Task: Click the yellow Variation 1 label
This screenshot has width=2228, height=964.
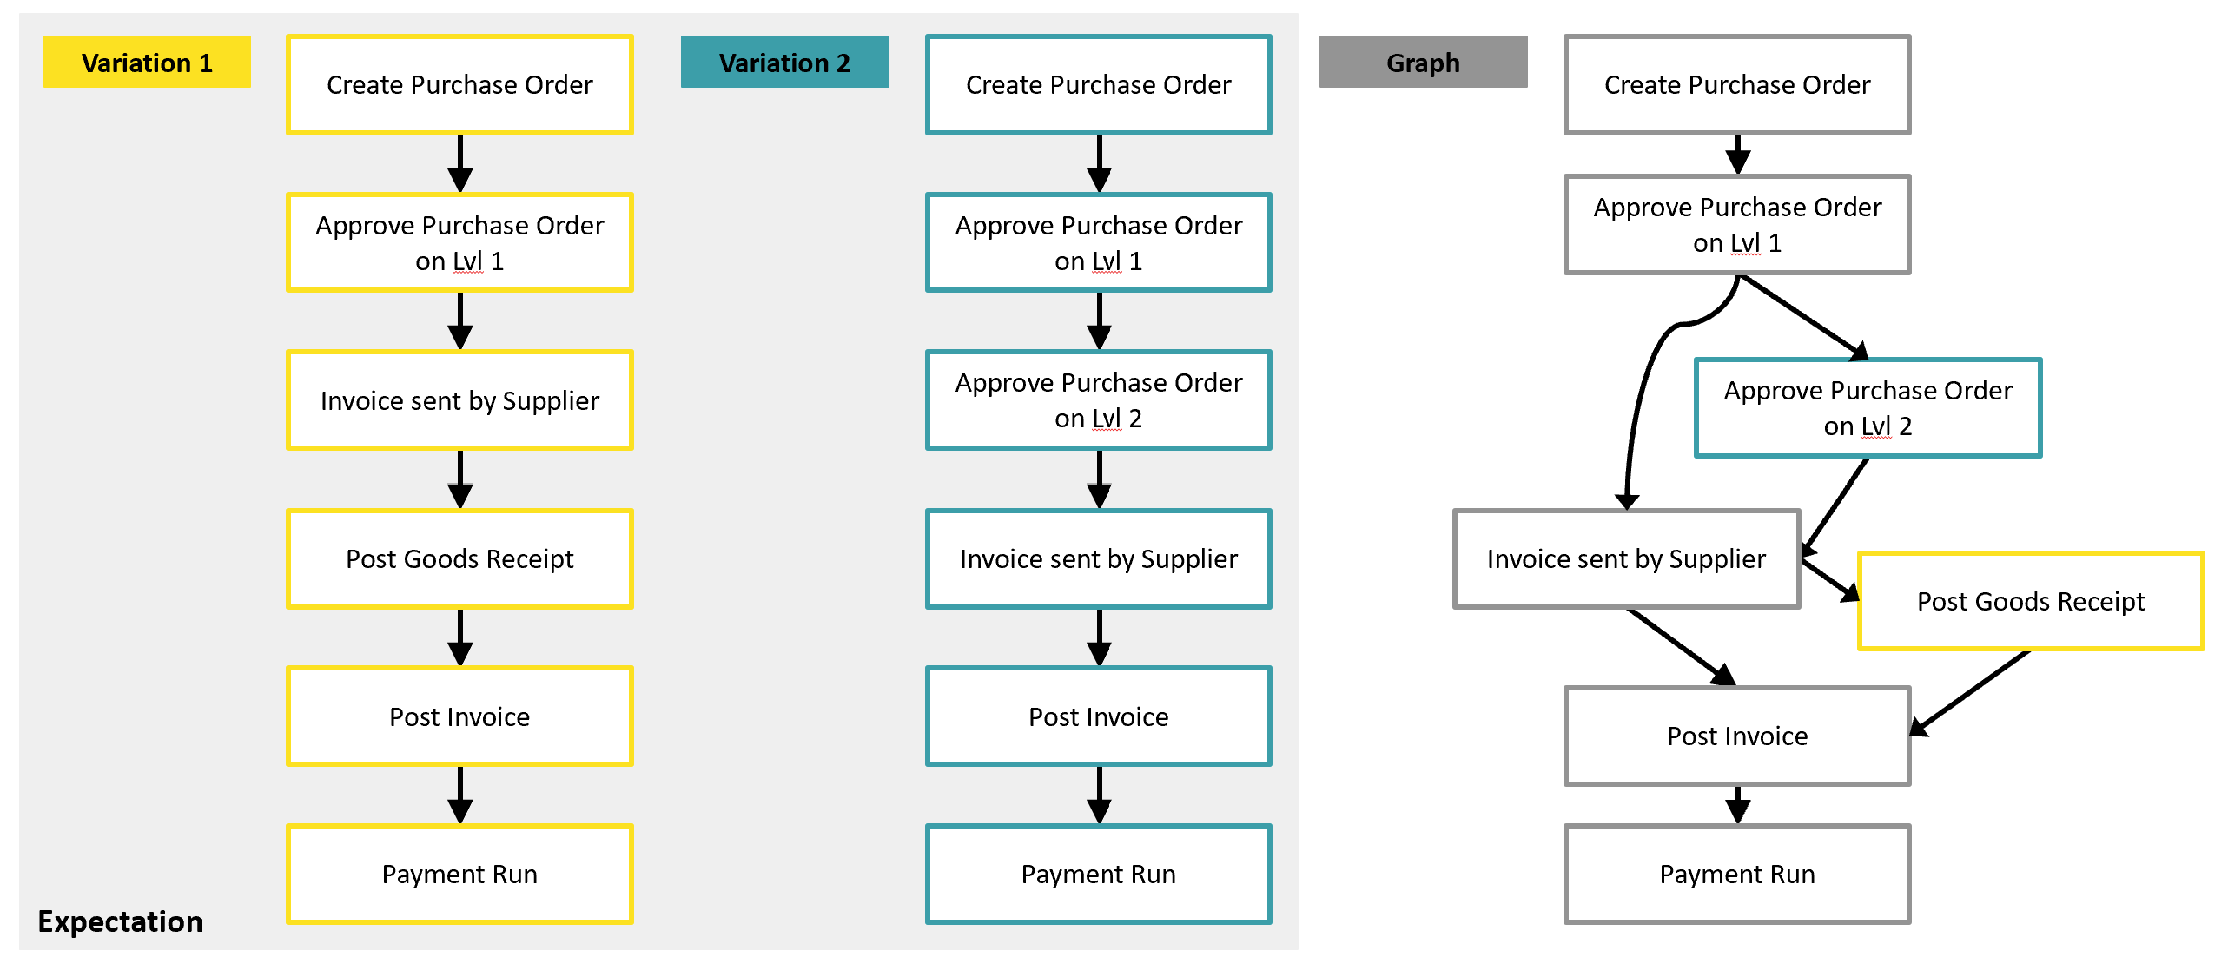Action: (147, 63)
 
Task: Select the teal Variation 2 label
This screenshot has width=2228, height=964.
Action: (784, 63)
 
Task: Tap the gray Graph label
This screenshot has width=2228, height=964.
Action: (1423, 63)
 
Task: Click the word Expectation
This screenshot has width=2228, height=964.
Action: (120, 921)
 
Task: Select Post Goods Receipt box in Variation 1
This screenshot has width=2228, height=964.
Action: (459, 558)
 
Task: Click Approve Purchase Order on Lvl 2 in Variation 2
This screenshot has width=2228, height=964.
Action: (1098, 400)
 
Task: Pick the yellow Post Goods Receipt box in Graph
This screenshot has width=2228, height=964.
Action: (2030, 601)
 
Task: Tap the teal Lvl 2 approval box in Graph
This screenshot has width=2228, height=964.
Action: (1868, 408)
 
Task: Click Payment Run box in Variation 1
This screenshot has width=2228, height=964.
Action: (459, 874)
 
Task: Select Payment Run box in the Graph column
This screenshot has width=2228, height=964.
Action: (1737, 874)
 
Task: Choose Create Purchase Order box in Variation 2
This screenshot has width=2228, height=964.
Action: (1098, 84)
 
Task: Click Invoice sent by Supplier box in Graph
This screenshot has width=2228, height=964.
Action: (1626, 558)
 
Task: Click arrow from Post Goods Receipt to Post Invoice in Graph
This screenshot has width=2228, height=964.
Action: (1972, 690)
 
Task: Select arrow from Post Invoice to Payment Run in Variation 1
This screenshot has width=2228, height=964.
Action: (459, 794)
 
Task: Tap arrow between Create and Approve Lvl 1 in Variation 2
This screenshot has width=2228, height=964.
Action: (1099, 163)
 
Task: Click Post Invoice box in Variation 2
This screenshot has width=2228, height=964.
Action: (1098, 716)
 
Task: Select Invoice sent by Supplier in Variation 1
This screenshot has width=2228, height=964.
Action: (459, 400)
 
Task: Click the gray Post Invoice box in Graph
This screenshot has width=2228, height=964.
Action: (1737, 736)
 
